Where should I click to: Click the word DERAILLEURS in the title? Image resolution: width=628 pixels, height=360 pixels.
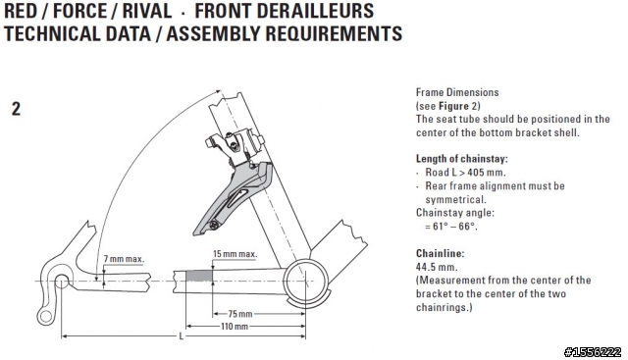pos(284,11)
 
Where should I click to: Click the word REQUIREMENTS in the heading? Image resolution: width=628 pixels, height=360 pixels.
pos(334,33)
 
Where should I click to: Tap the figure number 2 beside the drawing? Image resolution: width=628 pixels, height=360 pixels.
pos(16,109)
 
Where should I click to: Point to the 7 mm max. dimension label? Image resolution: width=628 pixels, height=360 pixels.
pos(124,259)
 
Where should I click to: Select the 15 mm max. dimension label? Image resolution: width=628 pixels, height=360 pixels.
pos(235,254)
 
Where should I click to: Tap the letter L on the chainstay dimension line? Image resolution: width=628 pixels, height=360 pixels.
pos(181,336)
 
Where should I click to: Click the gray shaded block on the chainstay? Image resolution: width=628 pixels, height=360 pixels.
pos(199,276)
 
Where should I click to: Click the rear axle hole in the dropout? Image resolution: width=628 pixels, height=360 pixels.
pos(61,282)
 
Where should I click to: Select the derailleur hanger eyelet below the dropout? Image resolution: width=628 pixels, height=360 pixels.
pos(46,317)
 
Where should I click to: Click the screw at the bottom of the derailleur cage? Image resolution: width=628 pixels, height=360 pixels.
pos(214,226)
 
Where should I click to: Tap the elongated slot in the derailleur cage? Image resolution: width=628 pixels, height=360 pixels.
pos(238,198)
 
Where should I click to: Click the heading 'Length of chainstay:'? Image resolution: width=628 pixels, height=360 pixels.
pos(462,159)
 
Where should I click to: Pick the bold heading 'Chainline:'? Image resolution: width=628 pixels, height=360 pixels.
pos(440,253)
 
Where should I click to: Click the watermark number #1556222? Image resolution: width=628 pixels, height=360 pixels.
pos(593,352)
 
